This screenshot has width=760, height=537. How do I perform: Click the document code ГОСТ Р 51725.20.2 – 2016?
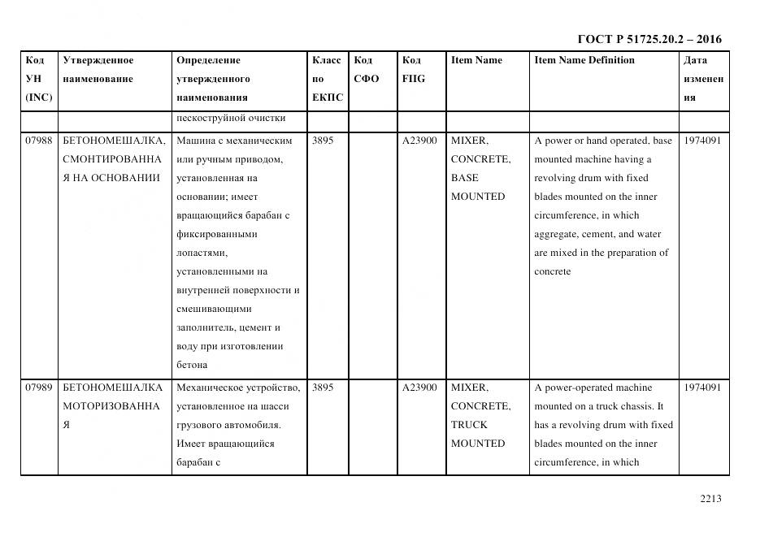pos(649,39)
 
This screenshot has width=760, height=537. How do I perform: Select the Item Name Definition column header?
pos(584,60)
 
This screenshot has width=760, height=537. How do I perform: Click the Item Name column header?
pos(476,60)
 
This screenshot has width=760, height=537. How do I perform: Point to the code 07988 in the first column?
pos(38,141)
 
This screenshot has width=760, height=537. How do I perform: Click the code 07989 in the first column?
pos(38,388)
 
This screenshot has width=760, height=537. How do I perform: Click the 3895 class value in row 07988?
pos(323,141)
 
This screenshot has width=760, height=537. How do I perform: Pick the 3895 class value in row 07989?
pos(323,388)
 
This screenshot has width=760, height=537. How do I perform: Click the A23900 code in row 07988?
pos(419,141)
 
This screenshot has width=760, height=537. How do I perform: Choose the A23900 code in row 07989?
pos(419,388)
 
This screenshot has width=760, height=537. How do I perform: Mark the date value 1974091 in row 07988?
pos(702,141)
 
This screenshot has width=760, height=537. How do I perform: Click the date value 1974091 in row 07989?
pos(702,388)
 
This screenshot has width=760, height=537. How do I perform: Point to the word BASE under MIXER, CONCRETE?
pos(464,178)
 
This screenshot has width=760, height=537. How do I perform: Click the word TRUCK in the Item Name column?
pos(469,425)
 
